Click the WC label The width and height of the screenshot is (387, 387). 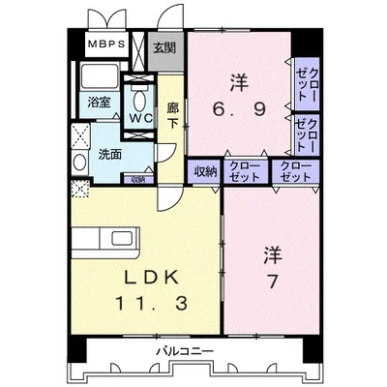(x=142, y=116)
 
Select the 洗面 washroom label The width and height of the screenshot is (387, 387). (x=109, y=154)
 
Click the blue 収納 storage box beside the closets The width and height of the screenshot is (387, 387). (x=204, y=172)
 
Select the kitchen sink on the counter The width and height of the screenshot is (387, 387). (x=125, y=238)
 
